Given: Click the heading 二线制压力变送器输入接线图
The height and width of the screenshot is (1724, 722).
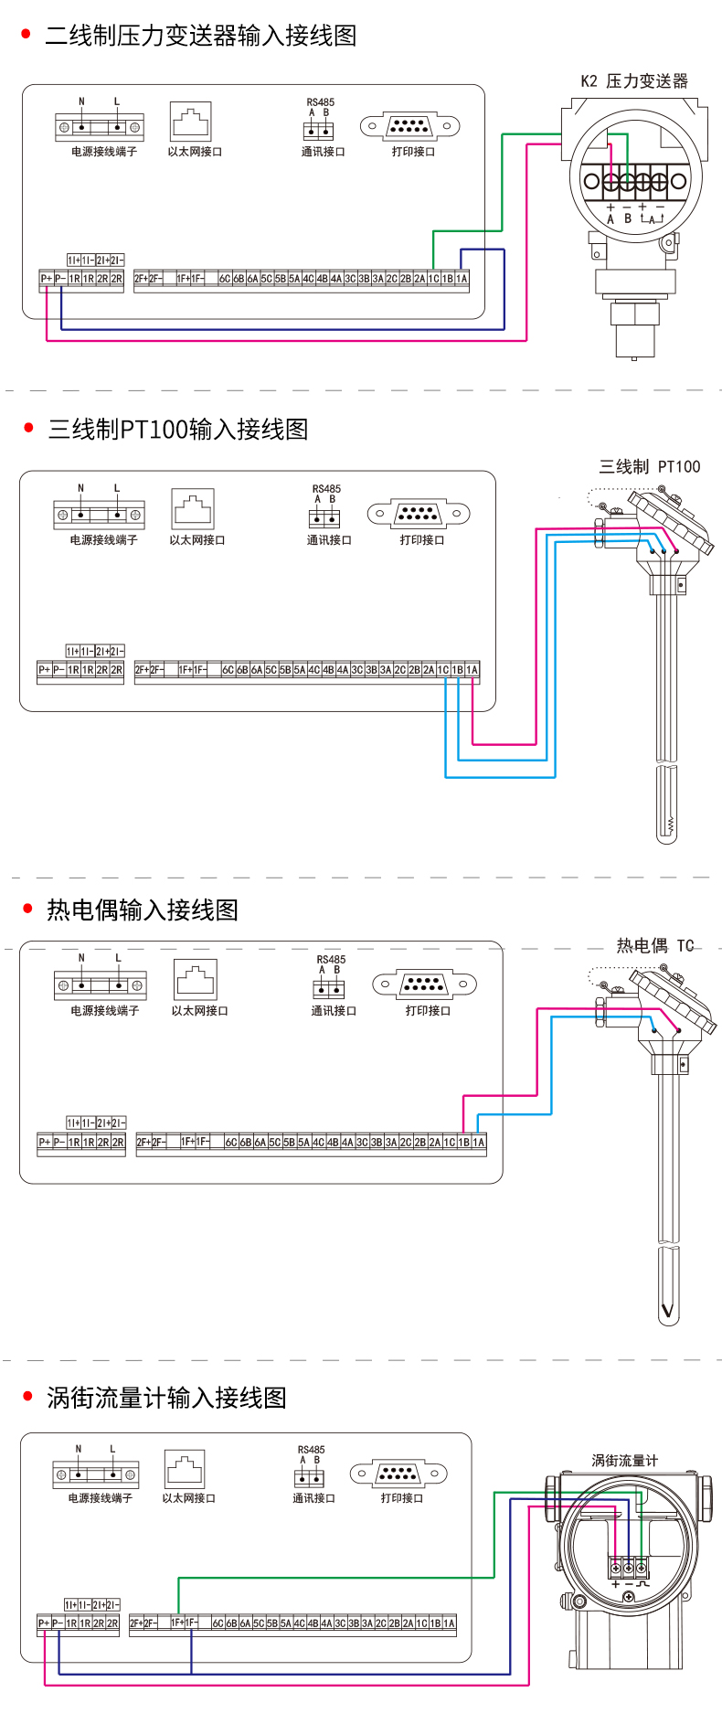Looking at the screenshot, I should click(x=200, y=36).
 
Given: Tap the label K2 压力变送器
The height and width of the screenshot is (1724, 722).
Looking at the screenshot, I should click(x=634, y=81).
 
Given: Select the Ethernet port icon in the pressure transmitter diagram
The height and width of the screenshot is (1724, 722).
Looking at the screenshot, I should click(x=190, y=121).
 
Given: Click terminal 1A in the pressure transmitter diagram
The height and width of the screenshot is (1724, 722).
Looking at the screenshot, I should click(x=462, y=279).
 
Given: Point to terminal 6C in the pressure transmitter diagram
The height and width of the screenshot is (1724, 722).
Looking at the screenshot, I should click(x=225, y=279).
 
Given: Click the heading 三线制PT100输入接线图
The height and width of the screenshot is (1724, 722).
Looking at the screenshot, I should click(x=178, y=429).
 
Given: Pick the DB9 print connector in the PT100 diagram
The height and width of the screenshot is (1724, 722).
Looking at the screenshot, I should click(x=419, y=514).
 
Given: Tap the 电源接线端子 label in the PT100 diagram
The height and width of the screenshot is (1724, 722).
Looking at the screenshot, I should click(x=103, y=540).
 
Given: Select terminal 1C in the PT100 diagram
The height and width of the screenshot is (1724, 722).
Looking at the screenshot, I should click(x=443, y=670).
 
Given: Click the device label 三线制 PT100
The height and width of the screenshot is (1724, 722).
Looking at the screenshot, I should click(x=649, y=467).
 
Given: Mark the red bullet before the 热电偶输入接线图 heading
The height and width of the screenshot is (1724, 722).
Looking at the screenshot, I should click(x=27, y=909).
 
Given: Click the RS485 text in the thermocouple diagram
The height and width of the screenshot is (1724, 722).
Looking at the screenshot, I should click(x=331, y=960).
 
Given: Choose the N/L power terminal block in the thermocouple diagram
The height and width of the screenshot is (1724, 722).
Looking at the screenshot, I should click(x=101, y=984).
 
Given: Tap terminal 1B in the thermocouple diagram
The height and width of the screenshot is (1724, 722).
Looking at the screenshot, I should click(x=464, y=1142).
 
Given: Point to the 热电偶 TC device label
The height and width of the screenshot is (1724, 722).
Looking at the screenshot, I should click(x=655, y=946).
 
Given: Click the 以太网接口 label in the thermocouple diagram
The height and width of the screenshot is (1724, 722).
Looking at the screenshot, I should click(x=199, y=1011).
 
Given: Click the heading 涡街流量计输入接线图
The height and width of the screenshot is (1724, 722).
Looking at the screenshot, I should click(x=166, y=1398).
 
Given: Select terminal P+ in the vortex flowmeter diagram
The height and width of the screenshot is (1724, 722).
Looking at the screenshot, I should click(x=44, y=1623).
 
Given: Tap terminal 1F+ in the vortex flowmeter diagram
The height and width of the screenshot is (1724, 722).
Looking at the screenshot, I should click(x=178, y=1623).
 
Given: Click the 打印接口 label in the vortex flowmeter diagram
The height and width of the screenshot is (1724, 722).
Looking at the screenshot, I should click(x=401, y=1498).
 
